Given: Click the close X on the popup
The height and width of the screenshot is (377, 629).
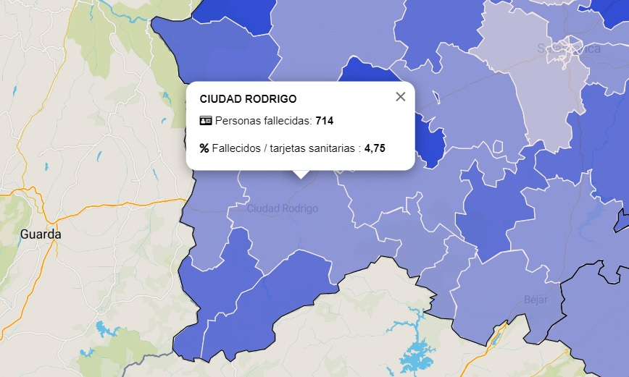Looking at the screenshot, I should [401, 97].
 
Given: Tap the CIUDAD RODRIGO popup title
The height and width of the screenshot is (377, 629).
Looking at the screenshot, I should [248, 98].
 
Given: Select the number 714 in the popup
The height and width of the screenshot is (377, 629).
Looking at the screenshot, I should [324, 121].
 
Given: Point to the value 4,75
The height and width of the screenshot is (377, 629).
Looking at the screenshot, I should [375, 148].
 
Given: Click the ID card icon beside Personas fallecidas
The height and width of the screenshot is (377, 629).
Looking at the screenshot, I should [205, 121].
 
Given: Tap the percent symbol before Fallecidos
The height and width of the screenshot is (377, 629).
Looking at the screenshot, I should [204, 148].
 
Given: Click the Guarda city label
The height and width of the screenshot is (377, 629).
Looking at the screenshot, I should [41, 234].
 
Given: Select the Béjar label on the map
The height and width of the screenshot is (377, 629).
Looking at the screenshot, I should [536, 300].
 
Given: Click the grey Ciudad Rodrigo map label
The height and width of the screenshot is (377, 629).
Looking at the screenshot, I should [283, 208].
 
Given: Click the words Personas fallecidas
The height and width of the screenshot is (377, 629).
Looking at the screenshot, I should [264, 121].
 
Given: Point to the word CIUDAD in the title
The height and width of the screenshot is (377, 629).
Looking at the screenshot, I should [220, 98].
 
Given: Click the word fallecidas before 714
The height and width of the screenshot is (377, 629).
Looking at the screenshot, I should [286, 121].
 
